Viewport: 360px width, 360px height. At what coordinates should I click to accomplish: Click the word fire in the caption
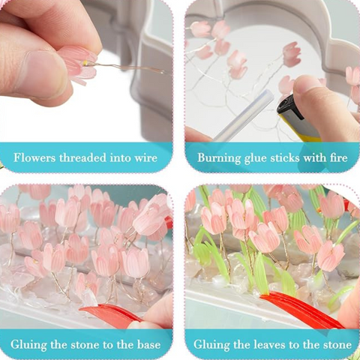tap(339, 157)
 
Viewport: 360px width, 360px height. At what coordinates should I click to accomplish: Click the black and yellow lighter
tap(295, 117)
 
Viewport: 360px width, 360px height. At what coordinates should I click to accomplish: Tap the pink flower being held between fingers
tap(77, 64)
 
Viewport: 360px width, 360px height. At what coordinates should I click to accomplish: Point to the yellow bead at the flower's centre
tap(85, 64)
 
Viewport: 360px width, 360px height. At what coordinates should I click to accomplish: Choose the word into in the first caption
tap(121, 157)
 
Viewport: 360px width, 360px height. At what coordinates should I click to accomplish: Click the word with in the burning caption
tap(315, 157)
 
